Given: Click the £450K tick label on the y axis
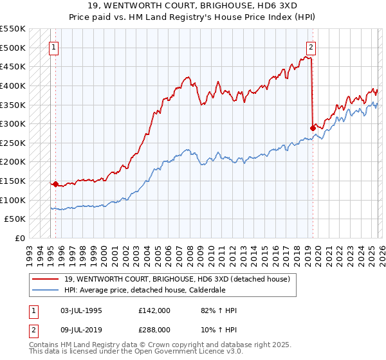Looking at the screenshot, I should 13,66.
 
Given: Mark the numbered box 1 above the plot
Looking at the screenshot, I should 55,46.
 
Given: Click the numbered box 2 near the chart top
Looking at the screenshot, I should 311,46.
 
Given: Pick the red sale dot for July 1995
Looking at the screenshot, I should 55,184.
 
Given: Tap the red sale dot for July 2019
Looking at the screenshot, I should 313,128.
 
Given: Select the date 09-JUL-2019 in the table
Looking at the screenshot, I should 78,328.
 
